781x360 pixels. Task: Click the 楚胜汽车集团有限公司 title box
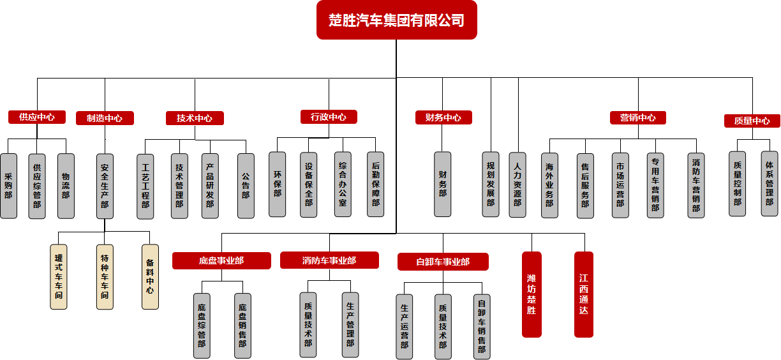tap(396, 20)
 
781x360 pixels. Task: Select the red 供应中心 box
tap(37, 117)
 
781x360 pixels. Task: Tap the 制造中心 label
tap(105, 118)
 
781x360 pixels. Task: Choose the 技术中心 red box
tap(195, 118)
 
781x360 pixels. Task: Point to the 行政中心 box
tap(329, 117)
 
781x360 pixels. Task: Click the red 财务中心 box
tap(443, 117)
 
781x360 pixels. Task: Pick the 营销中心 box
tap(637, 117)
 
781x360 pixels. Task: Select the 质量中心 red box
tap(752, 121)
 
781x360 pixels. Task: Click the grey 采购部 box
tap(9, 186)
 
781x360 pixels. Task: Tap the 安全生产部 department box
tap(105, 186)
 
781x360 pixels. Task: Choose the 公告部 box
tap(246, 186)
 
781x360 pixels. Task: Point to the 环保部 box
tap(278, 184)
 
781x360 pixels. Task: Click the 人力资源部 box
tap(517, 184)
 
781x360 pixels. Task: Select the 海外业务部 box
tap(549, 186)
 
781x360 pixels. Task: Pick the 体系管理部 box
tap(770, 184)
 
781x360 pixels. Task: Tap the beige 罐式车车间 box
tap(58, 276)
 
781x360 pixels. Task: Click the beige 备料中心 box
tap(150, 276)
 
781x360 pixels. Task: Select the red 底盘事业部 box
tap(221, 260)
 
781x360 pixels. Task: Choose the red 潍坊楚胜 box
tap(532, 294)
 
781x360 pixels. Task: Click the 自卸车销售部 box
tap(482, 326)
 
